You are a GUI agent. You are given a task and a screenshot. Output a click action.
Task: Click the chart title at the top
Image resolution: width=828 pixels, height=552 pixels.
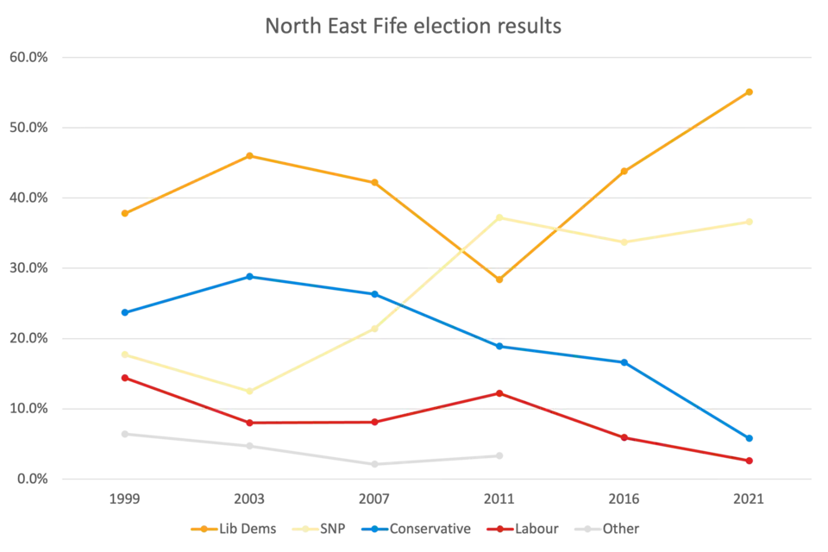click(414, 25)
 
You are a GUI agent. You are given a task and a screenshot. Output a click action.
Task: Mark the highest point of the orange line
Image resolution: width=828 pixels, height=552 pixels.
click(751, 90)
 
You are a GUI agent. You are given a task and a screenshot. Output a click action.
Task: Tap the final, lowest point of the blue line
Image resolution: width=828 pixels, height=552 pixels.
click(750, 440)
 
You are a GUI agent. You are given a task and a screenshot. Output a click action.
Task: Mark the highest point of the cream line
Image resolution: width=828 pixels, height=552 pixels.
click(499, 216)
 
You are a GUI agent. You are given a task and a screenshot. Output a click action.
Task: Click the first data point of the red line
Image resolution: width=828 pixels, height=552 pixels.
click(124, 378)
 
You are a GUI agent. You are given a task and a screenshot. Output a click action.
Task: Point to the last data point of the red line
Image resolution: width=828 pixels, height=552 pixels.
click(750, 461)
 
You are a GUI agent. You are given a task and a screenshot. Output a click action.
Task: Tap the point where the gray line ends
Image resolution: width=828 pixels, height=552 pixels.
click(499, 454)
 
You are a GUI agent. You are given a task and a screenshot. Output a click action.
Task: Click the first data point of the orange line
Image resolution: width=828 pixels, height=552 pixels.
click(124, 213)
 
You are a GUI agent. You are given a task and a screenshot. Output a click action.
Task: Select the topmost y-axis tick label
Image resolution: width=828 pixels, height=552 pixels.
click(27, 59)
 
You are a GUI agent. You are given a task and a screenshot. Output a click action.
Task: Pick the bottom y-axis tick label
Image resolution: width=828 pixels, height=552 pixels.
click(27, 479)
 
